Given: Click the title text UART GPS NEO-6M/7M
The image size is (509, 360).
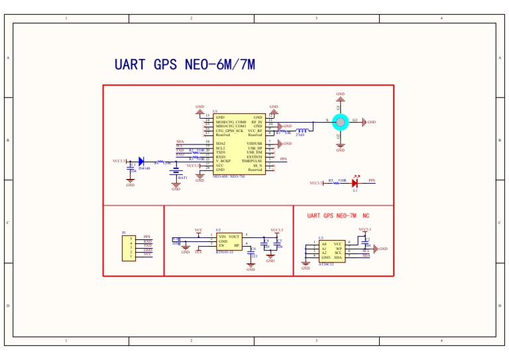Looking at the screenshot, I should [x=184, y=65].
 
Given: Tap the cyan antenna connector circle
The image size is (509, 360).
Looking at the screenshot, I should [x=340, y=121].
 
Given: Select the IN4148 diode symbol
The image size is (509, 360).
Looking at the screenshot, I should [x=142, y=161].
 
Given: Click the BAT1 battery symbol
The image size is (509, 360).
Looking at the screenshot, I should [x=176, y=172].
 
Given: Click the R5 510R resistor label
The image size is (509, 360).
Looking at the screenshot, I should [x=337, y=180].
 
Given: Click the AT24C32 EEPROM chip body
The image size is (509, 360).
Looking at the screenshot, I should [x=331, y=251].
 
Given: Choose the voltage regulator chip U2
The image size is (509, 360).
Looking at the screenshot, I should [x=229, y=241].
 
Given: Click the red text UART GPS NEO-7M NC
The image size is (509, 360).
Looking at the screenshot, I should [x=338, y=216].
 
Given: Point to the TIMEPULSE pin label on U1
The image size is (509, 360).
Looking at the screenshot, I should [x=252, y=160].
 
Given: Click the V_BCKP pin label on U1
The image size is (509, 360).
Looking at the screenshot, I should [x=223, y=160].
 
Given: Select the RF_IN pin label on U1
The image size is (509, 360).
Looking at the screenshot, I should [x=256, y=122].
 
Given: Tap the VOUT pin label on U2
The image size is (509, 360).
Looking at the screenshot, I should [x=234, y=236].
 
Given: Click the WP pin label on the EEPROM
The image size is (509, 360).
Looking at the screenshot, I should [x=338, y=249].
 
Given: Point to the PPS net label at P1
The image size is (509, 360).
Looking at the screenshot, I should [x=147, y=237].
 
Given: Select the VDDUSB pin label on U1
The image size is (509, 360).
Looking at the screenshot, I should [x=254, y=143].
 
